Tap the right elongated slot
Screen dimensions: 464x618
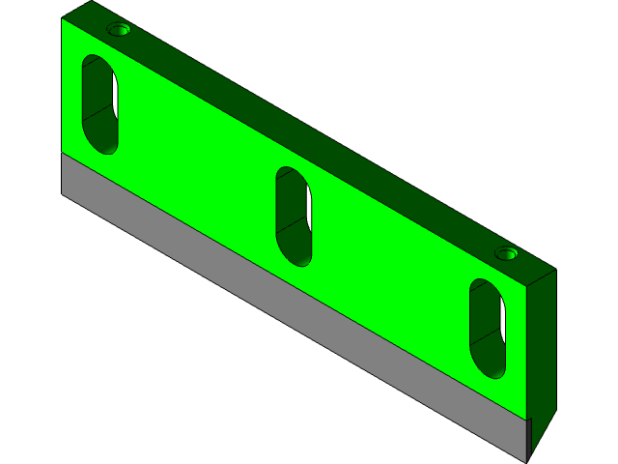pyautogui.click(x=488, y=329)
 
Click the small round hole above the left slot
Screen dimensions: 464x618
pyautogui.click(x=119, y=30)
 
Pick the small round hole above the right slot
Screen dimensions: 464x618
pyautogui.click(x=507, y=254)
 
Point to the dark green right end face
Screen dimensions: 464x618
pyautogui.click(x=543, y=348)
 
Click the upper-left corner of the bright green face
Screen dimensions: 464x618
pyautogui.click(x=63, y=19)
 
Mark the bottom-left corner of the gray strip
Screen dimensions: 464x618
pyautogui.click(x=63, y=193)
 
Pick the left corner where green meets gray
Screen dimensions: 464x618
pyautogui.click(x=63, y=155)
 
